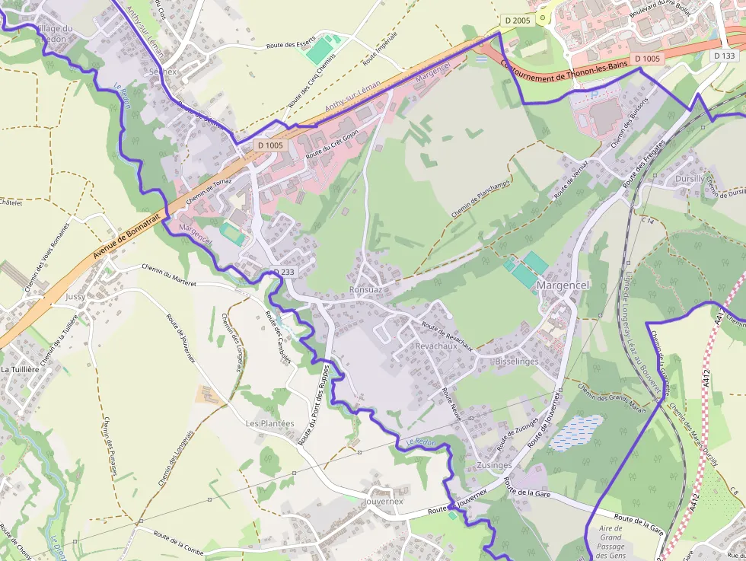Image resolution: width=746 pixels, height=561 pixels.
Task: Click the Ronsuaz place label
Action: coord(365,289)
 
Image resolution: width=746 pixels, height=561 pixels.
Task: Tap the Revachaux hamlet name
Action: coord(437,345)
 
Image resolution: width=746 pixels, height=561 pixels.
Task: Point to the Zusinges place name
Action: coord(493,465)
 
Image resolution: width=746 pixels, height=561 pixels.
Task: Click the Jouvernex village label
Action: coord(384,501)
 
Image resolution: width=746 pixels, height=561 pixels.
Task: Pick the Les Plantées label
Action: coord(269,422)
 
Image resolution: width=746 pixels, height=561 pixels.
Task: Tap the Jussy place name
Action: coord(75,296)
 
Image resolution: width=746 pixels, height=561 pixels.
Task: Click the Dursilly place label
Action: coord(690,179)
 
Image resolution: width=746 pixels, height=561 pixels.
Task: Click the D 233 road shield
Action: coord(284,272)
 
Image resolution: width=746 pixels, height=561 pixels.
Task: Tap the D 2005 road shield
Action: coord(517,21)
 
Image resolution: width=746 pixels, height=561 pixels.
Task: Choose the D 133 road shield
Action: coord(725,56)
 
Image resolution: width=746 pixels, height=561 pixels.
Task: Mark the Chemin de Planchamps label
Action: coord(480,193)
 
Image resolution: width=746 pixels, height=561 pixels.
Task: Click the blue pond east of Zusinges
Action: coord(576,432)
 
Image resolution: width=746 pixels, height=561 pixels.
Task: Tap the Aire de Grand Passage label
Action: coord(611,542)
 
